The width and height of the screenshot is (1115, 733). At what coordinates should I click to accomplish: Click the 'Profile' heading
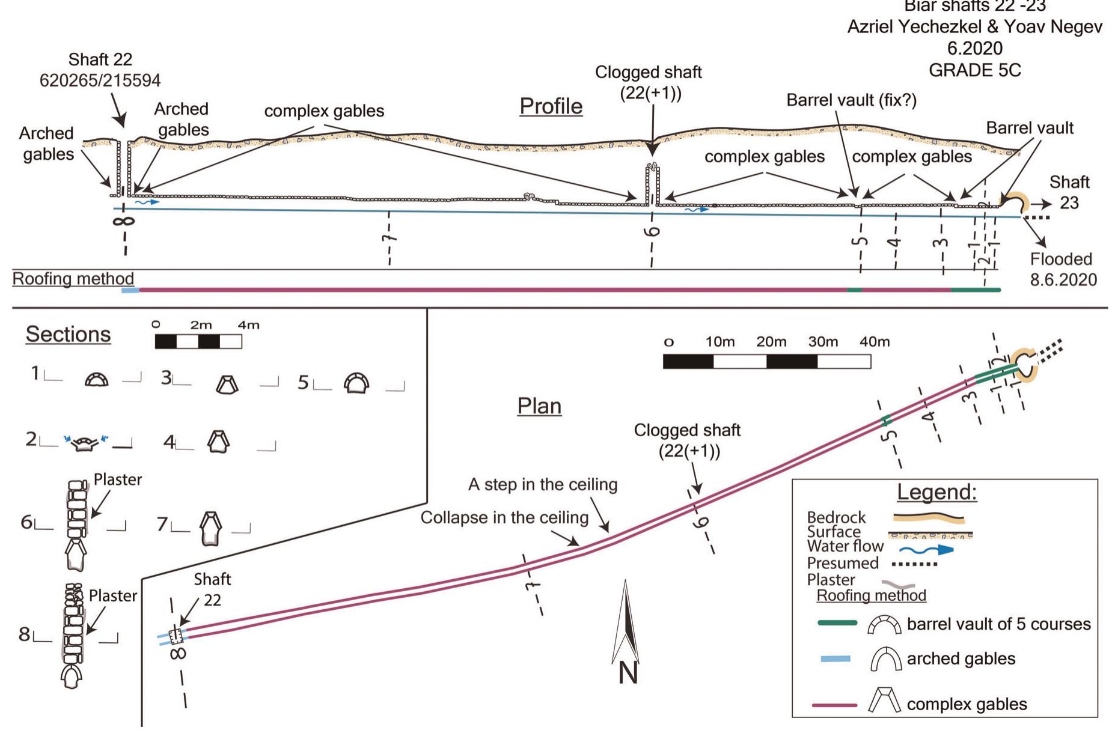click(551, 106)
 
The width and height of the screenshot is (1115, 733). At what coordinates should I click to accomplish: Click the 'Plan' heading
click(539, 406)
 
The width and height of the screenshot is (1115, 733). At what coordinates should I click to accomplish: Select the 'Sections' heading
click(68, 334)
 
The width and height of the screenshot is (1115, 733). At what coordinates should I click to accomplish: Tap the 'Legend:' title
click(936, 492)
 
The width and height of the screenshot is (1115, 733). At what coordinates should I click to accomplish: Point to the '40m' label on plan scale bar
click(874, 342)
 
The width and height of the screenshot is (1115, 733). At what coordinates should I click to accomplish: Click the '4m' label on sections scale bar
click(248, 325)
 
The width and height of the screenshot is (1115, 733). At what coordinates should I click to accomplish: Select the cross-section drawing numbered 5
click(356, 383)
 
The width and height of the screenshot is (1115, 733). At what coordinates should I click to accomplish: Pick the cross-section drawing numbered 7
click(210, 528)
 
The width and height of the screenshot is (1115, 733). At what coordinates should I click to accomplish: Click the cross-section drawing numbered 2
click(85, 443)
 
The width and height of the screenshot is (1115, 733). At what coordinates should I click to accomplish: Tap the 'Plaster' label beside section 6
click(118, 479)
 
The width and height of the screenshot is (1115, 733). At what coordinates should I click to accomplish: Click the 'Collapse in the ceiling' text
click(504, 517)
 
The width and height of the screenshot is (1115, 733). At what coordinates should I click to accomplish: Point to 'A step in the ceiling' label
click(542, 484)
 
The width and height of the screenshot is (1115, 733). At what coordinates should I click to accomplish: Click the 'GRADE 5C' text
click(974, 70)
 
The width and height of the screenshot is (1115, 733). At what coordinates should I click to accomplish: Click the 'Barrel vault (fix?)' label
click(851, 100)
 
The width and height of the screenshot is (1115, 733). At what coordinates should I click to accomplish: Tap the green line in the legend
click(837, 624)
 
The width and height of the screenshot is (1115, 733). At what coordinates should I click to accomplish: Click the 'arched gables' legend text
click(961, 658)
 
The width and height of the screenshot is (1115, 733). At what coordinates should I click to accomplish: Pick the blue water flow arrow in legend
click(926, 549)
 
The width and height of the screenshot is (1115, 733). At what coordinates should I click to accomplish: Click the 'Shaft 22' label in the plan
click(212, 589)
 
